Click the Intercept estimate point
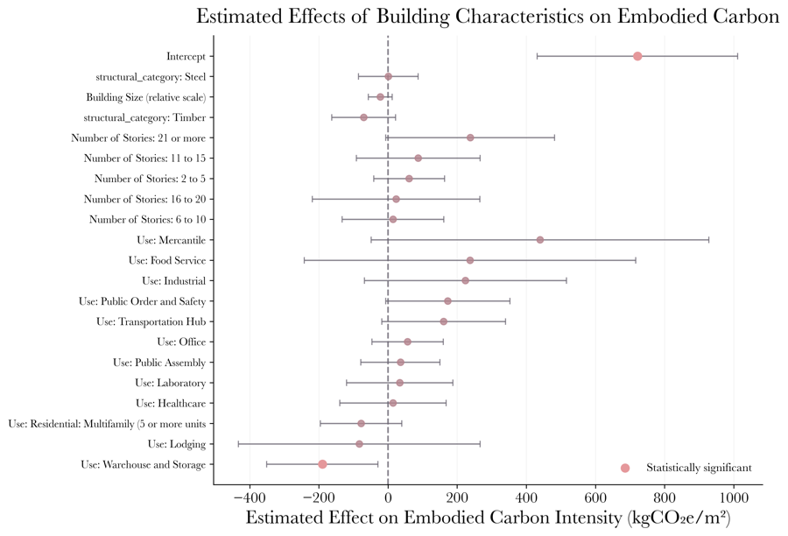(637, 56)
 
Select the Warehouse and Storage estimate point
(322, 464)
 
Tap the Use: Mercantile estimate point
(540, 240)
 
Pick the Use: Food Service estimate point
(470, 260)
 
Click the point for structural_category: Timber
(363, 117)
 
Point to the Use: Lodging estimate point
(359, 444)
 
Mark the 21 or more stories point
(470, 138)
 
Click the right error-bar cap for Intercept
(737, 56)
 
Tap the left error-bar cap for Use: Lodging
(238, 444)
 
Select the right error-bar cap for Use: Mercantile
(709, 240)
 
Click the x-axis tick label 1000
(734, 497)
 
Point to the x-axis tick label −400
(250, 497)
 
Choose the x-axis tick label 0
(388, 497)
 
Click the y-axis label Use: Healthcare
(171, 403)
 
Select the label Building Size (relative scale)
(145, 97)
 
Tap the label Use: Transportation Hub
(151, 321)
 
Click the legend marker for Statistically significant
(625, 468)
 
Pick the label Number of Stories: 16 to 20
(144, 199)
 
